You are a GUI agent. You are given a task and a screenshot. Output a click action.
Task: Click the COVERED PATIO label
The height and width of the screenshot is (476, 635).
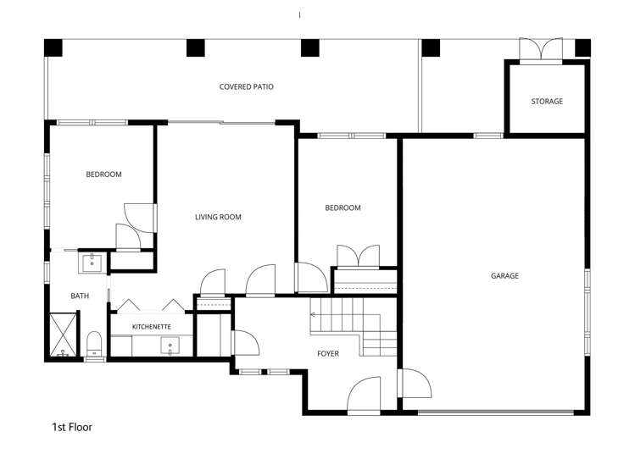pyautogui.click(x=246, y=86)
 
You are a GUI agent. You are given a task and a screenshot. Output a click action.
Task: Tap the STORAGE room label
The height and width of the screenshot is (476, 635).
pyautogui.click(x=547, y=102)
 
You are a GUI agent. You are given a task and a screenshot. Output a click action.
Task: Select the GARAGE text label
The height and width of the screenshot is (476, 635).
pyautogui.click(x=504, y=276)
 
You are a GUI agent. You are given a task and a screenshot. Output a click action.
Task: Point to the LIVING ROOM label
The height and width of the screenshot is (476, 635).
pyautogui.click(x=218, y=218)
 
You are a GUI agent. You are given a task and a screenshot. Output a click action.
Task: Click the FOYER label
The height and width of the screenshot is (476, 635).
pyautogui.click(x=328, y=353)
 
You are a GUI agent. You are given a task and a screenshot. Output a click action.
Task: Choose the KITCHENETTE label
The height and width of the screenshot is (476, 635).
pyautogui.click(x=152, y=326)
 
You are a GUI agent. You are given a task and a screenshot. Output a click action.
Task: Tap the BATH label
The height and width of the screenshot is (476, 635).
pyautogui.click(x=80, y=296)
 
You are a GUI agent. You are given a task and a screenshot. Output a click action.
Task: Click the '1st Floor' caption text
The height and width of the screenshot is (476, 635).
pyautogui.click(x=72, y=427)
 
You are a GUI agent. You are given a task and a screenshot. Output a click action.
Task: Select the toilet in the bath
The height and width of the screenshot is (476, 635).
pyautogui.click(x=95, y=344)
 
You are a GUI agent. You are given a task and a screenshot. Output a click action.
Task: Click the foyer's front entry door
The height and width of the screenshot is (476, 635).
pyautogui.click(x=364, y=396)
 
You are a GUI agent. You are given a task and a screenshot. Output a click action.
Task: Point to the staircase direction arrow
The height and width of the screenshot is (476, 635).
pyautogui.click(x=315, y=314)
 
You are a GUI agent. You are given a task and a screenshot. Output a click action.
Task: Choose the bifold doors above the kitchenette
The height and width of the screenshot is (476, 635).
pyautogui.click(x=151, y=306)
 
